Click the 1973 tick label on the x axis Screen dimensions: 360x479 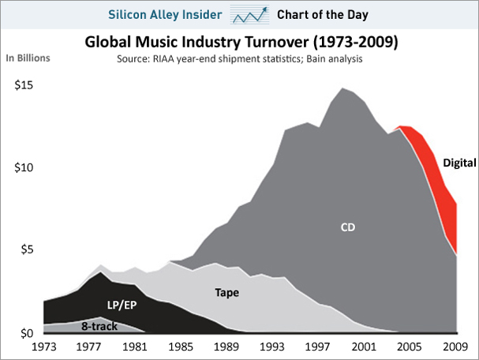44,345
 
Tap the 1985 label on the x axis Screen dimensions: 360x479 181,345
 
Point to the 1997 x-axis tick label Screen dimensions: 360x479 319,345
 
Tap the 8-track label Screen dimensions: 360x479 98,324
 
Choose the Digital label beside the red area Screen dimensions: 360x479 459,163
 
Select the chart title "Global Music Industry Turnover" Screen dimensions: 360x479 240,42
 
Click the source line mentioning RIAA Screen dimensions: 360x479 241,58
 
